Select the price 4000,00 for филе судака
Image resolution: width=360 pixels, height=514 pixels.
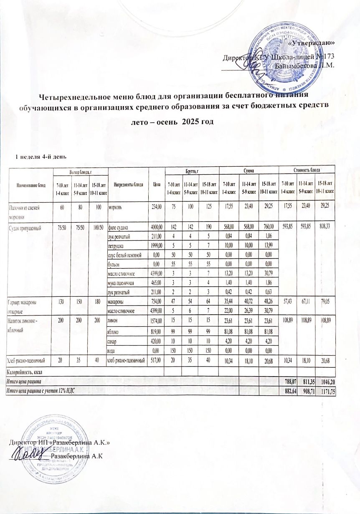point(154,227)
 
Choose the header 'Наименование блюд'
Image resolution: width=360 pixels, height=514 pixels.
point(28,184)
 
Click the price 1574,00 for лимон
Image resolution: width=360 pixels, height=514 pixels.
point(154,310)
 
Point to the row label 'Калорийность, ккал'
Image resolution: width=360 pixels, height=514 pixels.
point(25,372)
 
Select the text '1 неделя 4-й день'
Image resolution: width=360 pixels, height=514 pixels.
point(38,157)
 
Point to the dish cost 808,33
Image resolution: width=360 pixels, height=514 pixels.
point(326,227)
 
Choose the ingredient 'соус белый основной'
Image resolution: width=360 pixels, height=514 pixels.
point(125,254)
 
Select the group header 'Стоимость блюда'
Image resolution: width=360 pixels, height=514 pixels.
point(306,170)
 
